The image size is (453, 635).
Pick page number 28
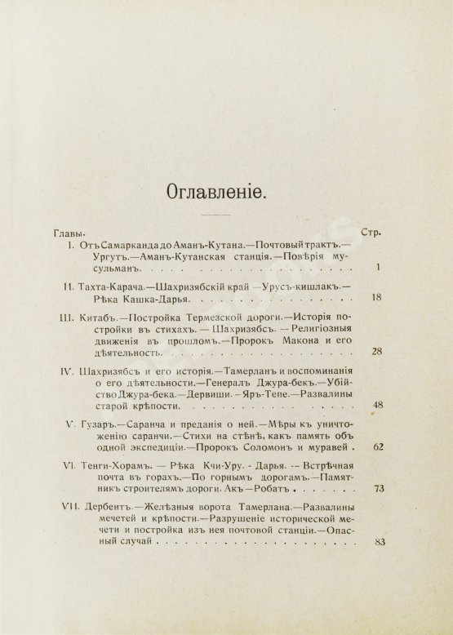point(376,352)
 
